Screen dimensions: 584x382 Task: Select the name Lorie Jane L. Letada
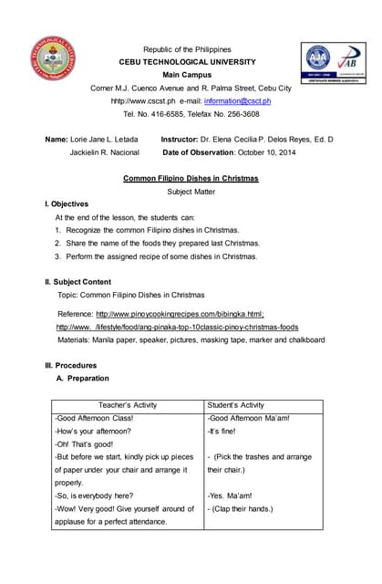point(105,139)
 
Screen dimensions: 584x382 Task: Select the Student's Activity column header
point(237,405)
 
